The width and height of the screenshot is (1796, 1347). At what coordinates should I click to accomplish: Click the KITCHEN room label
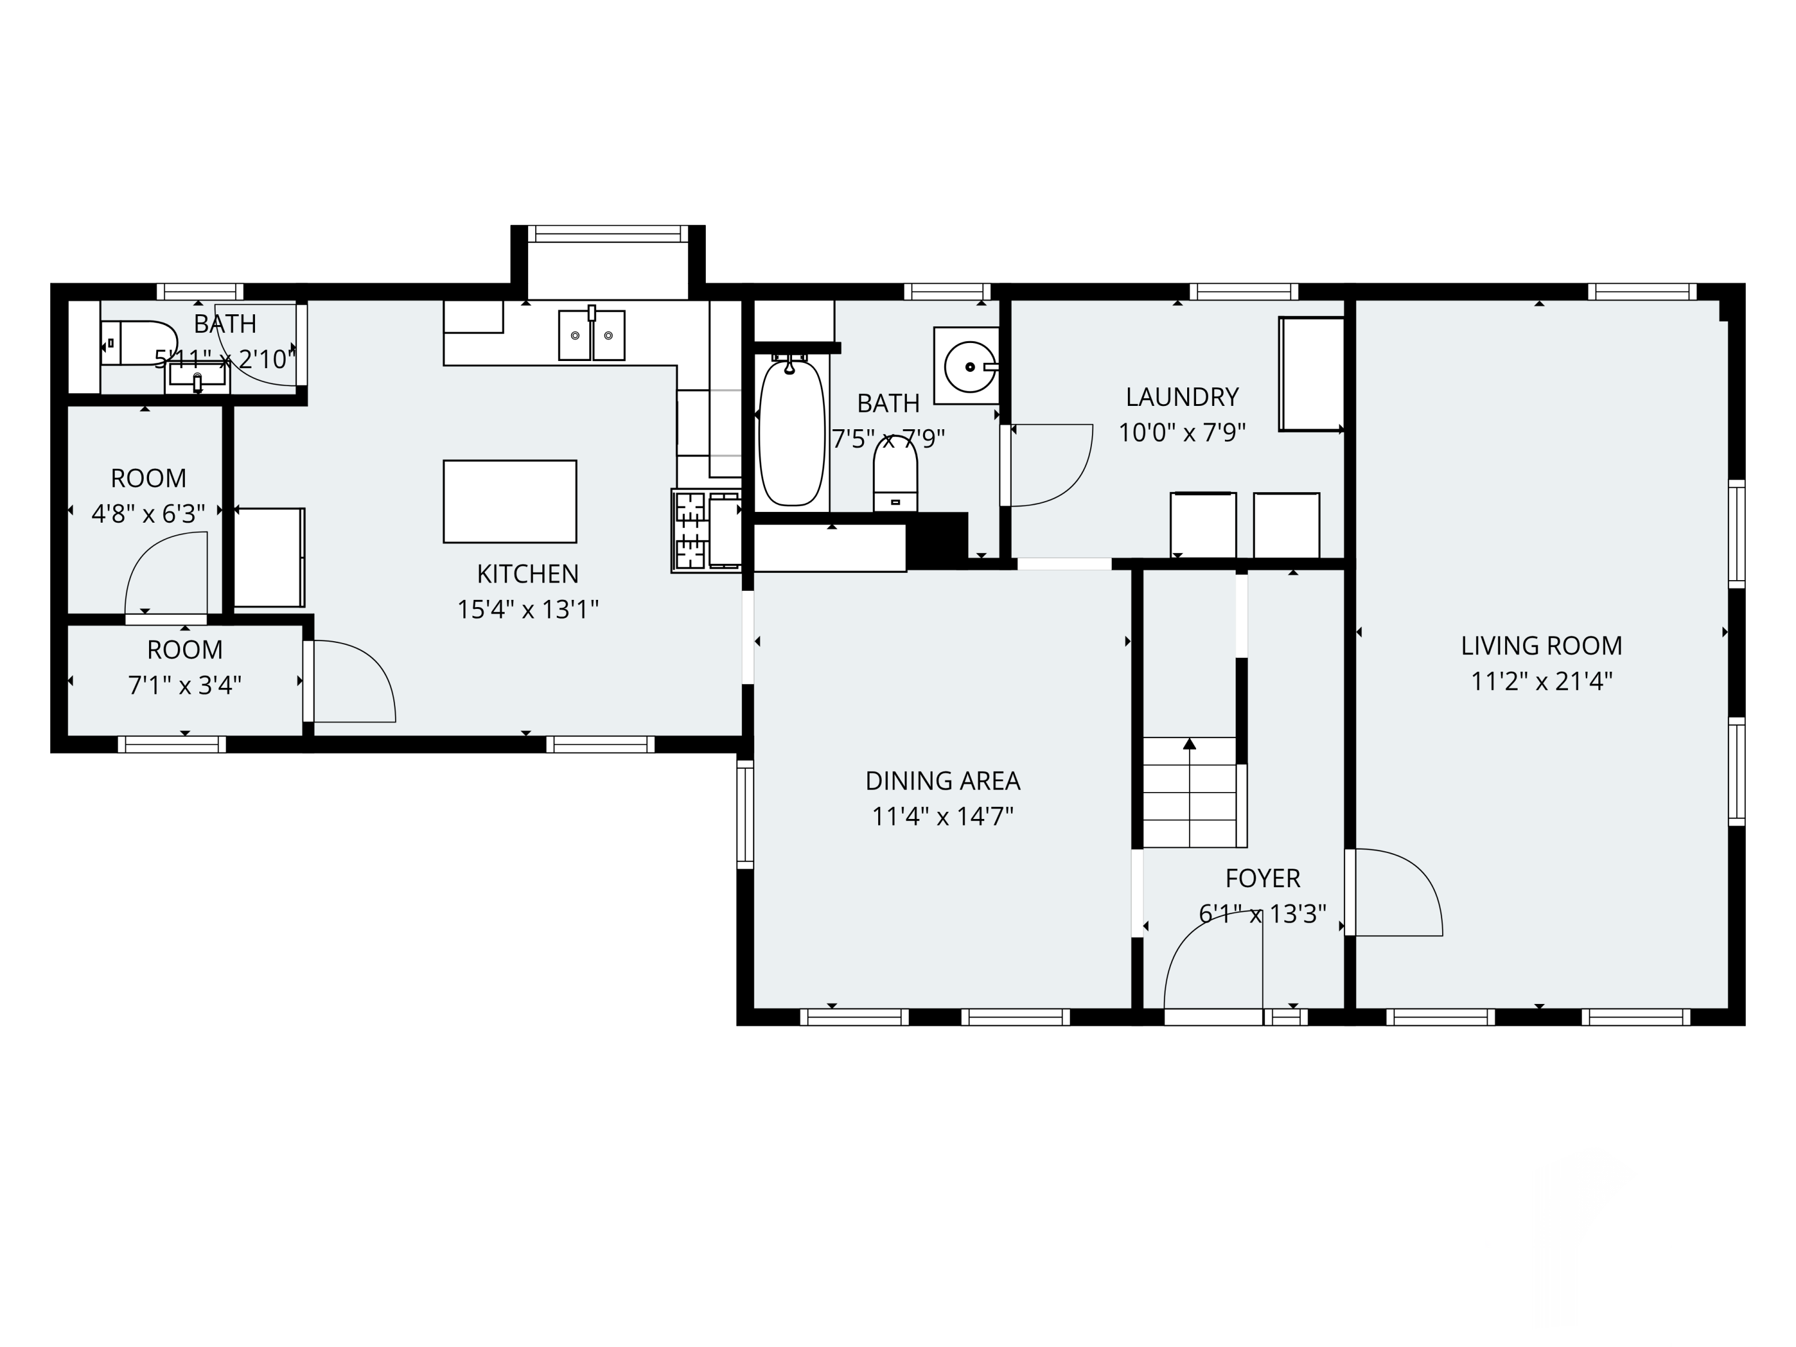[528, 574]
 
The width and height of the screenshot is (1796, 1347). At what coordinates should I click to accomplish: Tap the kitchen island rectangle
[510, 502]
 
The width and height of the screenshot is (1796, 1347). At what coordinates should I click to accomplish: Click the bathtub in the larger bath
[791, 433]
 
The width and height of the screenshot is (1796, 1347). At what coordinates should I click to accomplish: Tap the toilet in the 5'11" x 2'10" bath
[139, 342]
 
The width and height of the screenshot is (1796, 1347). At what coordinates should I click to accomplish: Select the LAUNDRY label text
[1182, 397]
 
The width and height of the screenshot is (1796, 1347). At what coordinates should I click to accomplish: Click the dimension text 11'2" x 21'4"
[1541, 681]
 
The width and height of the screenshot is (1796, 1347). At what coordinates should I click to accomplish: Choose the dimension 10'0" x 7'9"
[1182, 433]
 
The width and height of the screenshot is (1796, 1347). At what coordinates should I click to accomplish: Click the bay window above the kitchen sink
[608, 234]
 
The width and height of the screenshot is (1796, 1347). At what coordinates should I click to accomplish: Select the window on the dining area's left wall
[745, 814]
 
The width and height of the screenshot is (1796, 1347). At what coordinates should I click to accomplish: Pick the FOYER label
[1263, 878]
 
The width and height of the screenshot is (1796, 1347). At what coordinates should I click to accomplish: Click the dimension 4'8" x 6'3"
[148, 514]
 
